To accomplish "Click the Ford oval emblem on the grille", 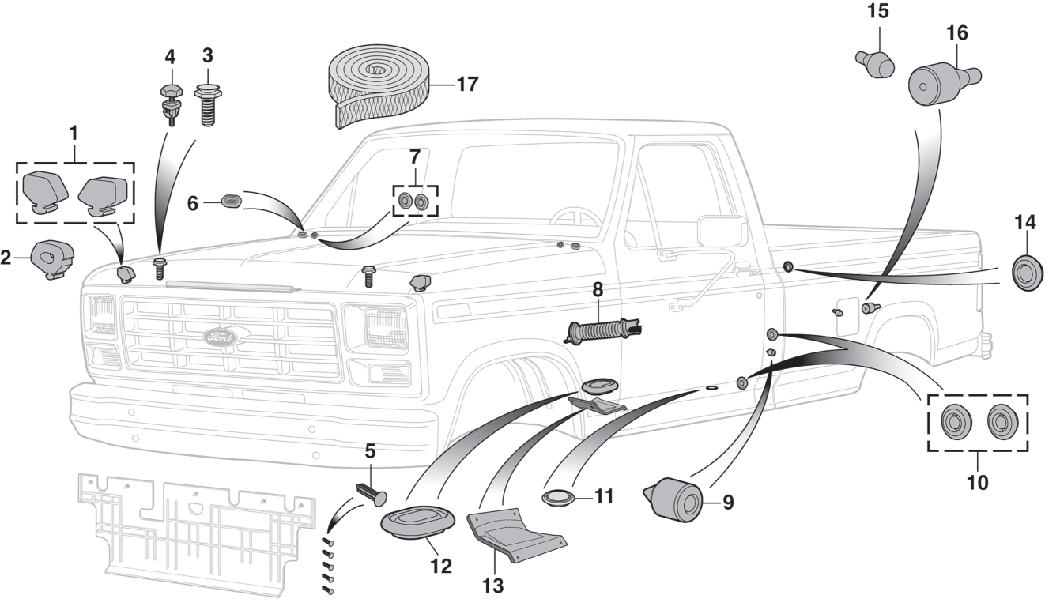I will [221, 337].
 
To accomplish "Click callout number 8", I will [598, 289].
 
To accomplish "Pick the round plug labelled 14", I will [1028, 273].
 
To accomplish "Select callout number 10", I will [978, 481].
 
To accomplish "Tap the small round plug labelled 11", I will [560, 498].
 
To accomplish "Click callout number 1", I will [74, 133].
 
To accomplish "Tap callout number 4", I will [170, 57].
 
